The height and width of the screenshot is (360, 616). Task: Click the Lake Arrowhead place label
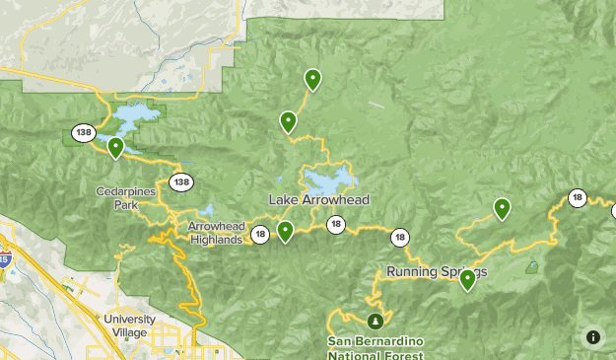[319, 199]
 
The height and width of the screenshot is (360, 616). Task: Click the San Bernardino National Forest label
[376, 348]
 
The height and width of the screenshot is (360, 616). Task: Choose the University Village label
[129, 325]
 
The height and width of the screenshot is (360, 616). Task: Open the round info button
[592, 336]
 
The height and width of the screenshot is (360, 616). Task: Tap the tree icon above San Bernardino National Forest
[375, 321]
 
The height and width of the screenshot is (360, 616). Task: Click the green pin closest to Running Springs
[467, 280]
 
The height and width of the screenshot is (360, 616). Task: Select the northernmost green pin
[312, 79]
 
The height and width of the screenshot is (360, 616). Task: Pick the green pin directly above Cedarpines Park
[115, 148]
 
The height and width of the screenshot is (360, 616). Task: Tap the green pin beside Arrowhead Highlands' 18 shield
[285, 231]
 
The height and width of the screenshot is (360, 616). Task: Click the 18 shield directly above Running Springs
[399, 237]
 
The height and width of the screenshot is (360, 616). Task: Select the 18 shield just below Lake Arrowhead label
[336, 224]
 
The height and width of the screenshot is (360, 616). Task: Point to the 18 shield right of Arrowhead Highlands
[259, 235]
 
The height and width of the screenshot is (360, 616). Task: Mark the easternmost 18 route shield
[578, 199]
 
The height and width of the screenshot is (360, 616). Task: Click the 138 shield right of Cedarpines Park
[180, 181]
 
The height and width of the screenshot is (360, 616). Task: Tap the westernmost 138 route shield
[82, 132]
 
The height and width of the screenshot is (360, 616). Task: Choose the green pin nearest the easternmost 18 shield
[502, 208]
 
